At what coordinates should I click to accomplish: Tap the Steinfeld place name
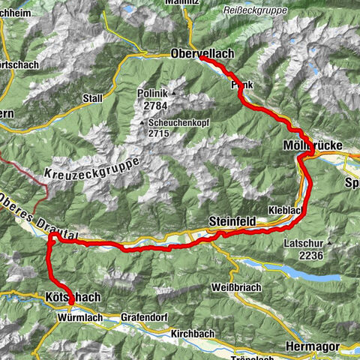pyautogui.click(x=232, y=221)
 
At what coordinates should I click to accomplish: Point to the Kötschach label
pyautogui.click(x=73, y=298)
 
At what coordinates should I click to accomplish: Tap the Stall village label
pyautogui.click(x=94, y=97)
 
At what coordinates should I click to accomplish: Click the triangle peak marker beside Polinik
pyautogui.click(x=173, y=94)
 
